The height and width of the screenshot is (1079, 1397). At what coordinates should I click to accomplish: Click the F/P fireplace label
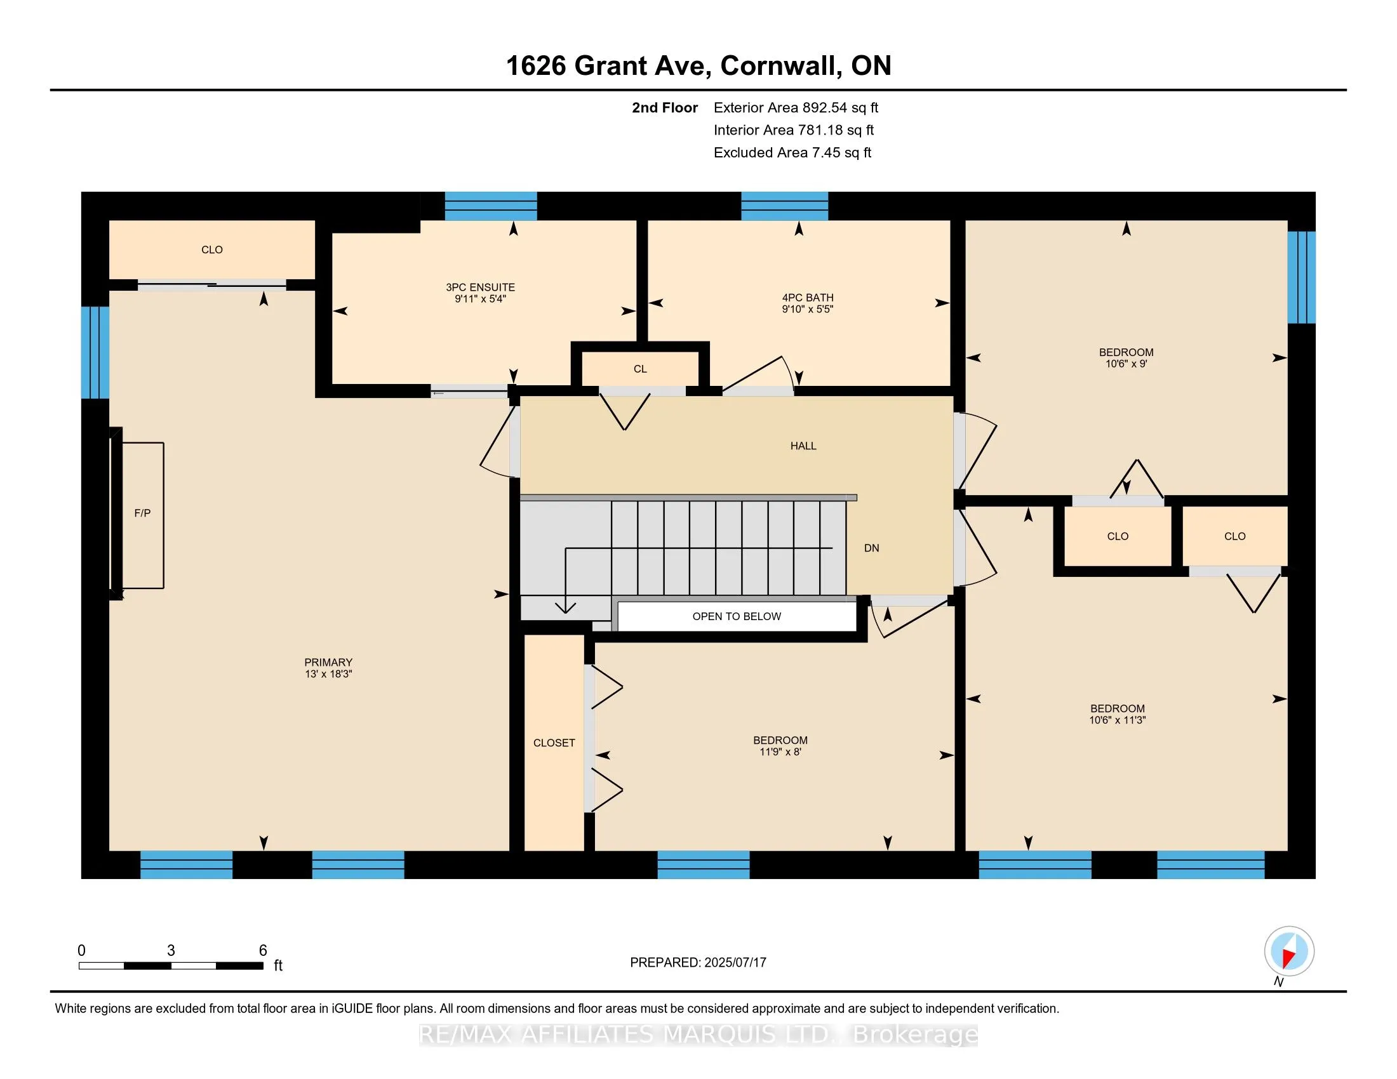142,513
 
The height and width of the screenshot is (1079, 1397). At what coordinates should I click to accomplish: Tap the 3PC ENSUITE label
481,288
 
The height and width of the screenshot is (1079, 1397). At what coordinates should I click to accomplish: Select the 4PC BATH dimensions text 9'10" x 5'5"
807,309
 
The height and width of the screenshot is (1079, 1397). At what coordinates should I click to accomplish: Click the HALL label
803,446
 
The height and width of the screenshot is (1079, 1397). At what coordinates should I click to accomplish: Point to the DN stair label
871,548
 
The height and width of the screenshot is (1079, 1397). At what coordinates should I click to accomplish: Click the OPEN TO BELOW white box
737,616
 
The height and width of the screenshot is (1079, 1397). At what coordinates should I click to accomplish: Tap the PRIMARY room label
328,662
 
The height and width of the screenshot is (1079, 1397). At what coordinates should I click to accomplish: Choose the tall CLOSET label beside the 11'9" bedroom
554,743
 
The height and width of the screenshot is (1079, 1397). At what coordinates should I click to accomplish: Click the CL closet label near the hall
640,369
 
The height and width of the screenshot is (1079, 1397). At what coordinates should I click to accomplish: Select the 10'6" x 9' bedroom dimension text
1126,364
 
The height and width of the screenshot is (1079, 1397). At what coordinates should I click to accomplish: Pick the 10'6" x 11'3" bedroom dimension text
1118,720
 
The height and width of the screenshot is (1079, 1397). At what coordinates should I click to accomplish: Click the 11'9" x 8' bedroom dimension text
780,752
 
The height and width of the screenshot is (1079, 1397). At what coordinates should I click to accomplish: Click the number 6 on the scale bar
263,951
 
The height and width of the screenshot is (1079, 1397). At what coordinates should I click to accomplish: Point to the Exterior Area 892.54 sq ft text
796,108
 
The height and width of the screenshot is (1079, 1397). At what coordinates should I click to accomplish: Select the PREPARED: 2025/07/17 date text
698,963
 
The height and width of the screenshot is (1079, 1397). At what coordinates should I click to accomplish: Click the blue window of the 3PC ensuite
491,206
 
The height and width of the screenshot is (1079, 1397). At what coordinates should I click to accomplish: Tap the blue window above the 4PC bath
784,206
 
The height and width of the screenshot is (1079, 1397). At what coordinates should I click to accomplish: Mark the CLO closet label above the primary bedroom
211,250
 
